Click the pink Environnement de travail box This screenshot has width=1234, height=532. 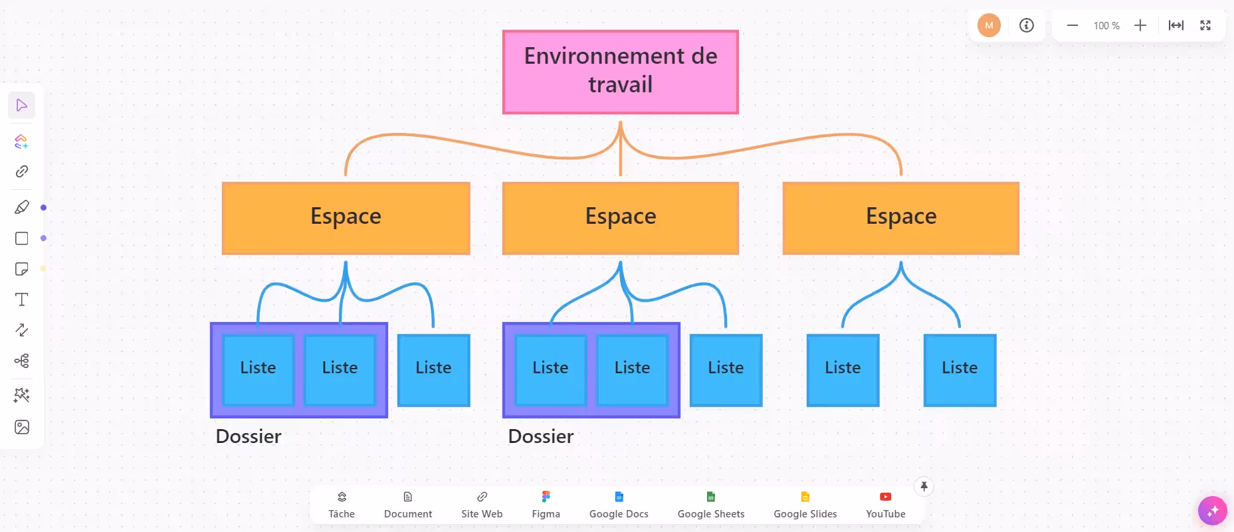620,72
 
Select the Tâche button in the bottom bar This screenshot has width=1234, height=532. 342,505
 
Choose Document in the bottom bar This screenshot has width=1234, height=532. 408,505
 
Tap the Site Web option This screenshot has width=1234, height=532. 482,505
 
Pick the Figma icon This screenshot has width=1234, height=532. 546,497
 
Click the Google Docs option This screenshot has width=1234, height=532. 619,505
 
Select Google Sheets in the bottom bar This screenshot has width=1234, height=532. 710,505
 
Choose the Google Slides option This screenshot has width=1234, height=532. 805,505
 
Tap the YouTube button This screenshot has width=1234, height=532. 885,505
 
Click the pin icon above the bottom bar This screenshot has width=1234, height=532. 924,486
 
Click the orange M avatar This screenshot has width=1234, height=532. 989,25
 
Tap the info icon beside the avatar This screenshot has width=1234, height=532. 1026,25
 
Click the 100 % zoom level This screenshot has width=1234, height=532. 1106,25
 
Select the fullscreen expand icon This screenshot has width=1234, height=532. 1205,25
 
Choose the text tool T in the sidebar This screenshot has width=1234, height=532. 21,300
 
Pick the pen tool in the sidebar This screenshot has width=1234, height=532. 21,207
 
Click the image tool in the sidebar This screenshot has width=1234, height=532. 21,427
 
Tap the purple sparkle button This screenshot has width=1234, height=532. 1213,511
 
